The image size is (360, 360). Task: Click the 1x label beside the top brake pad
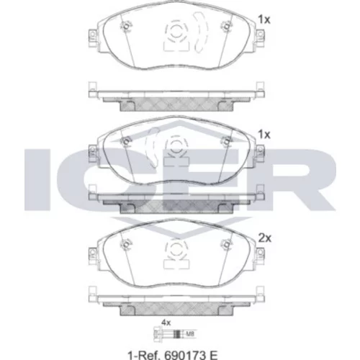point(264,19)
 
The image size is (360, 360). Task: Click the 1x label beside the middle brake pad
point(264,135)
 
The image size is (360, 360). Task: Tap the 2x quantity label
point(264,238)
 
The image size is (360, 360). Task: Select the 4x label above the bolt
point(166,323)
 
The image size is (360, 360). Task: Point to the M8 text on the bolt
point(190,333)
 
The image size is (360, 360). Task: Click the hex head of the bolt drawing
point(156,333)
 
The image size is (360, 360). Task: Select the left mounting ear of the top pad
point(93,38)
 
